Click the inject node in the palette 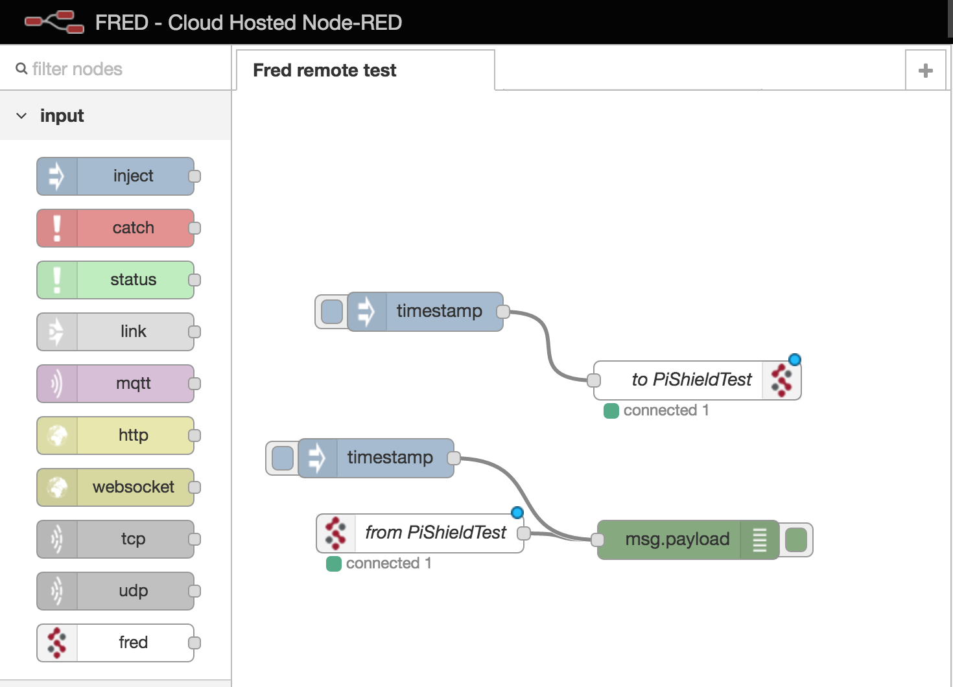tap(115, 176)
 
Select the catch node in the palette tap(115, 228)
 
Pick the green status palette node tap(115, 280)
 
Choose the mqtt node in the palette tap(115, 384)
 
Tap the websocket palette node tap(115, 487)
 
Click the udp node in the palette tap(115, 591)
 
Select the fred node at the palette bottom tap(115, 643)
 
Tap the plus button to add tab tap(926, 71)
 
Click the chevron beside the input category tap(21, 116)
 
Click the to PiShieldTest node tap(690, 380)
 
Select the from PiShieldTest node tap(434, 533)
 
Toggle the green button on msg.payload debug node tap(795, 540)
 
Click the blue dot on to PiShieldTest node tap(795, 360)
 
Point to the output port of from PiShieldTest tap(524, 533)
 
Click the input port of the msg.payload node tap(598, 539)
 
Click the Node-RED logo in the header tap(54, 22)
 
